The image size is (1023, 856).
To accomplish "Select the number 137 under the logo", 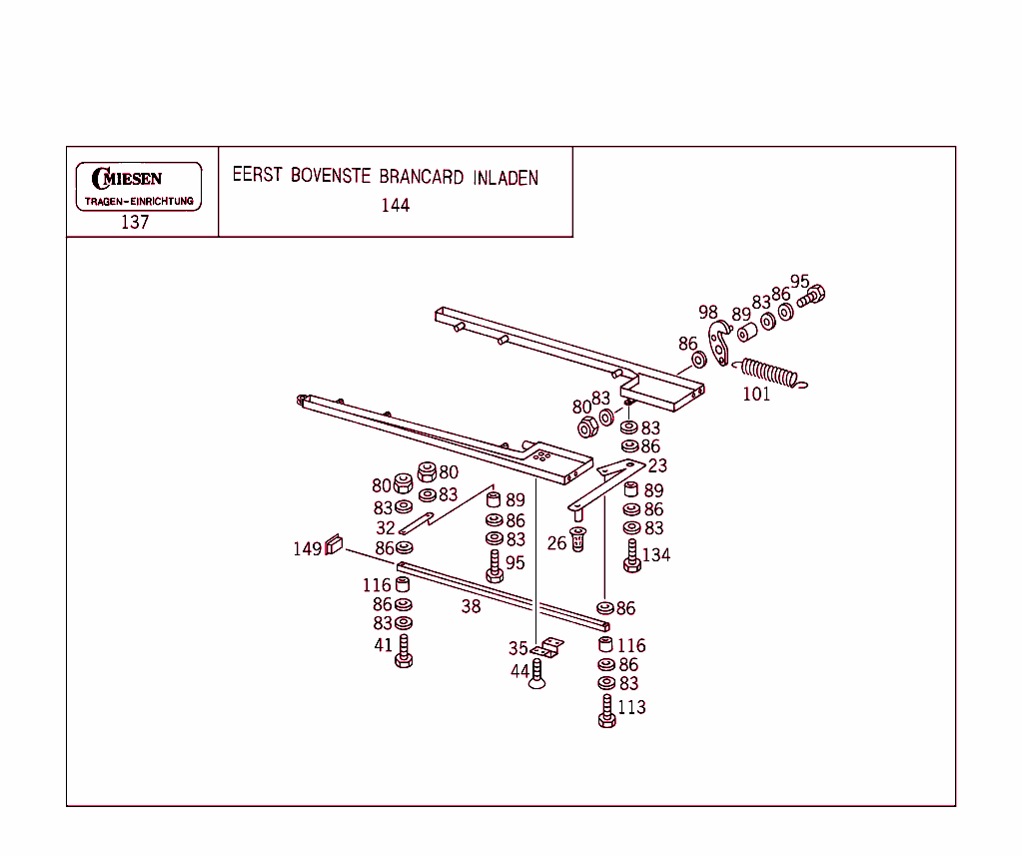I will [135, 223].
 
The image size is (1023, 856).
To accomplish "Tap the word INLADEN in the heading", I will [506, 177].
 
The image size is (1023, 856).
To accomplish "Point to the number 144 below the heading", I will [395, 206].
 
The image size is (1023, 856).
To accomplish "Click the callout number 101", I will [756, 395].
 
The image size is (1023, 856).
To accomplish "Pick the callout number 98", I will [708, 313].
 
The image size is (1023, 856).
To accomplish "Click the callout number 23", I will [657, 465].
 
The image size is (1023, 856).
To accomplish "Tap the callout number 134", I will [656, 555].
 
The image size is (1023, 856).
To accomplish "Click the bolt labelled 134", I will [631, 555].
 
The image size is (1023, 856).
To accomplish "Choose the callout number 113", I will [631, 707].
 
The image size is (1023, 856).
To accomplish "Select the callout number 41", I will [384, 645].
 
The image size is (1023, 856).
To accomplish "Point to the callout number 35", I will [517, 649].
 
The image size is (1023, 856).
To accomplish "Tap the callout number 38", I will [471, 606].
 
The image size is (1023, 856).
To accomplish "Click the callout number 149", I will [307, 548].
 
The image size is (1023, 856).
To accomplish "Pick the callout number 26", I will [556, 543].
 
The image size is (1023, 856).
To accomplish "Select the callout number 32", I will [386, 527].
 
